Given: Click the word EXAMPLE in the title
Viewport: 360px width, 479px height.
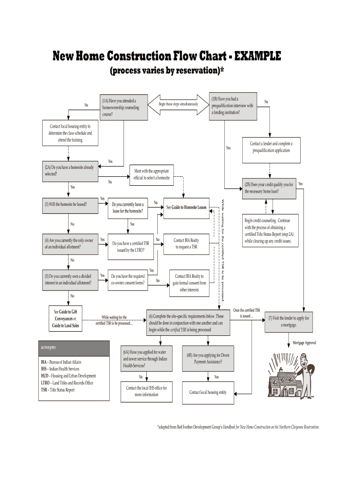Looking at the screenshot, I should [257, 57].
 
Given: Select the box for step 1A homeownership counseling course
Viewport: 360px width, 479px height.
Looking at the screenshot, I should [122, 108].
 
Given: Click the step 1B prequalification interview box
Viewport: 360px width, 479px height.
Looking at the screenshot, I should [233, 106].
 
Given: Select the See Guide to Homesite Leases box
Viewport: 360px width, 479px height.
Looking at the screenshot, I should [186, 207].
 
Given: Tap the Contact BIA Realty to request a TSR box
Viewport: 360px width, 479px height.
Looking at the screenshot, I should [187, 243].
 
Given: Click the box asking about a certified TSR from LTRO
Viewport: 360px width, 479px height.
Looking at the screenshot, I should [131, 247].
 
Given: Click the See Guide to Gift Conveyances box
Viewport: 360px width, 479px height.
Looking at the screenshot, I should [65, 319].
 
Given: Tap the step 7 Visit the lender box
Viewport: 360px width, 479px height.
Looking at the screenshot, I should [288, 321].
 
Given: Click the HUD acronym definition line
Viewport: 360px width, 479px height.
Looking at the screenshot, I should [68, 376].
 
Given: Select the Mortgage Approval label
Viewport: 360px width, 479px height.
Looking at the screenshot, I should [304, 343].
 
